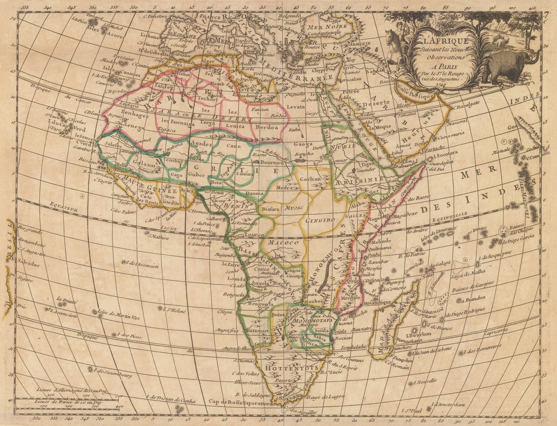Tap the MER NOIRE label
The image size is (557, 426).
coord(326,27)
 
